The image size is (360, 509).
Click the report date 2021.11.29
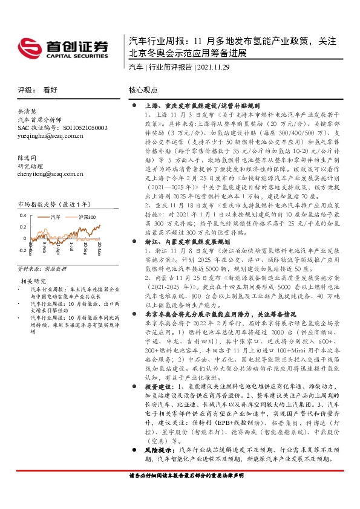[x=217, y=67]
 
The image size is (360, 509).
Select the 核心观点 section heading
[x=143, y=89]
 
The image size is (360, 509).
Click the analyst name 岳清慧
[x=28, y=112]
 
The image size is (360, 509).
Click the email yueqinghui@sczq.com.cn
[x=50, y=136]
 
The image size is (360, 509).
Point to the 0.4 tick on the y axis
[x=22, y=215]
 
